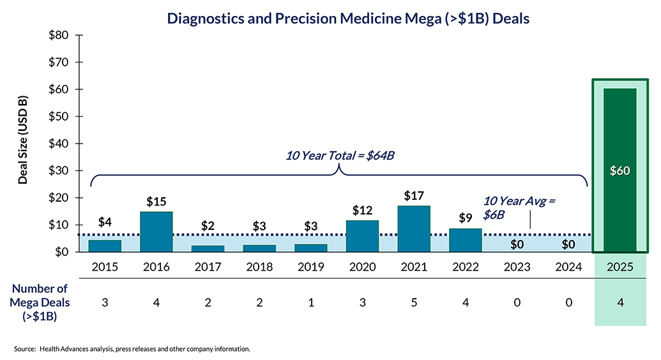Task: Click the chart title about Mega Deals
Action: [x=348, y=19]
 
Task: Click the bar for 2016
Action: [x=156, y=232]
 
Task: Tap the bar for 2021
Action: [x=414, y=229]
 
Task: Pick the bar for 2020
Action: [x=362, y=236]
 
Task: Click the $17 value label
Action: [x=414, y=195]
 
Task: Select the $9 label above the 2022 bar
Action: [x=466, y=218]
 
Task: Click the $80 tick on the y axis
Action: [x=59, y=35]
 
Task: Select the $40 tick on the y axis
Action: [x=59, y=144]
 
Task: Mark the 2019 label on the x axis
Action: [x=311, y=267]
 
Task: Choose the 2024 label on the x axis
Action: [x=569, y=267]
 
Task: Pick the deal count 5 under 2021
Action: [x=414, y=303]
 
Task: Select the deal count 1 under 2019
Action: [x=311, y=303]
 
